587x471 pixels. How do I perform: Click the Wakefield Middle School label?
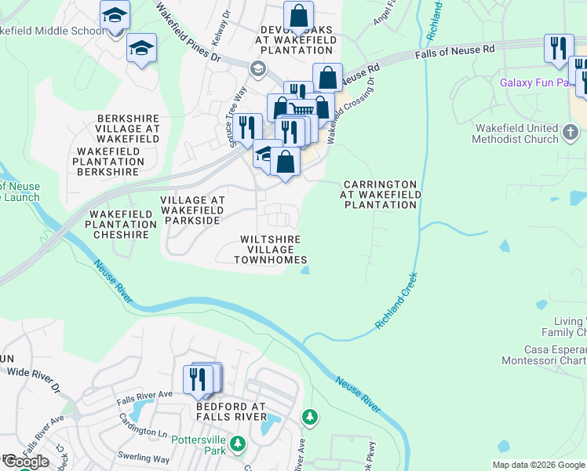(x=52, y=31)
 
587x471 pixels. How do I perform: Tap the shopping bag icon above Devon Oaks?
(x=298, y=16)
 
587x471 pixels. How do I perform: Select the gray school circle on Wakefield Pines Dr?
(x=257, y=70)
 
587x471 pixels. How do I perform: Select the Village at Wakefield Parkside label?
(x=192, y=210)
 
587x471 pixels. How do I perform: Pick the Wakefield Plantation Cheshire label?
(x=118, y=224)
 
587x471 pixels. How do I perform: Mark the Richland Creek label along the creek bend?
(x=396, y=301)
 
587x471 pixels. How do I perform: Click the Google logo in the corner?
(x=27, y=462)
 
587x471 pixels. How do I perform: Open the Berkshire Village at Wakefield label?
(x=128, y=129)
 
